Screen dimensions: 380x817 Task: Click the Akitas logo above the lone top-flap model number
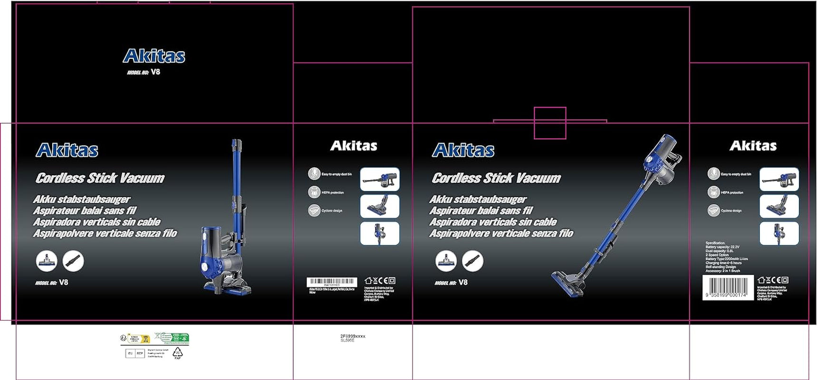click(154, 56)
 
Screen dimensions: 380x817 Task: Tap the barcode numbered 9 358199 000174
click(727, 288)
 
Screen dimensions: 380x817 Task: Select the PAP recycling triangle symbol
click(177, 353)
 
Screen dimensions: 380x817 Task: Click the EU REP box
click(135, 353)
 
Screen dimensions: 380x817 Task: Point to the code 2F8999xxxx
click(353, 336)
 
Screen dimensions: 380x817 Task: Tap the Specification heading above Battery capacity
click(715, 243)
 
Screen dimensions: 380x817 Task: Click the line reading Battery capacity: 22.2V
click(722, 247)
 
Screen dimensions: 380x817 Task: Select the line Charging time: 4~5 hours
click(723, 263)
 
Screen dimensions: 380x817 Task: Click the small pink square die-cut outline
click(550, 123)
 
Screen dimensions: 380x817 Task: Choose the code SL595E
click(347, 341)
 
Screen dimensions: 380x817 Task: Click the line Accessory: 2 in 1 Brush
click(722, 271)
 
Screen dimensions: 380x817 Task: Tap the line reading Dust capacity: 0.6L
click(720, 251)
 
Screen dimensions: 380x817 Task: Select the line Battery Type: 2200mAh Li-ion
click(727, 259)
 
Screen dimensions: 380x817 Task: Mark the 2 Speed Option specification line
click(717, 255)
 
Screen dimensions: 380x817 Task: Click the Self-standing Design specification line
click(721, 267)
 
